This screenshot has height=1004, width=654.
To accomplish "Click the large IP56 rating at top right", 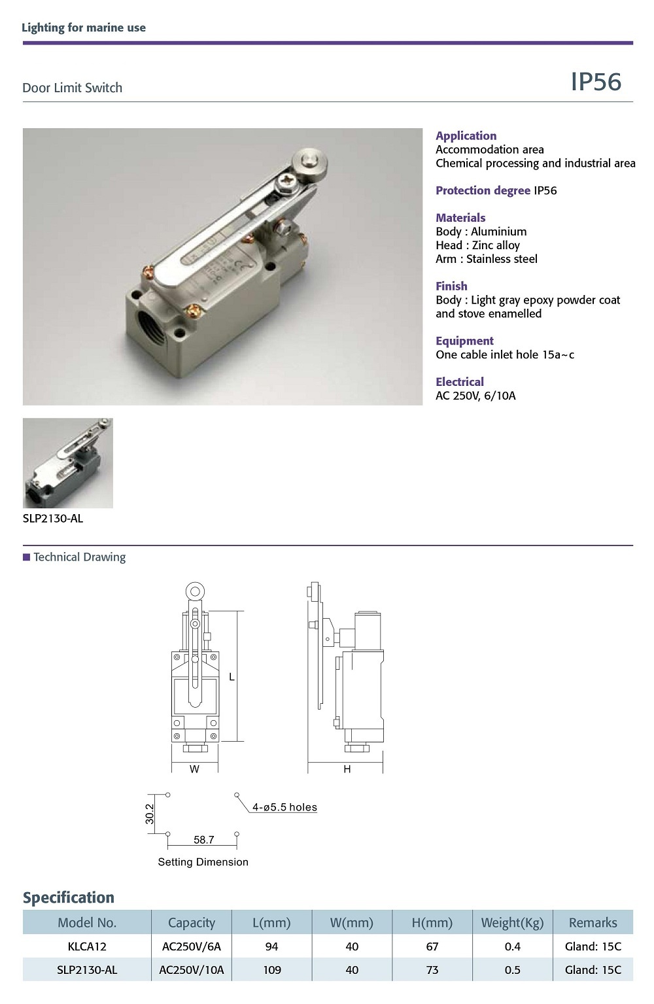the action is click(x=596, y=82).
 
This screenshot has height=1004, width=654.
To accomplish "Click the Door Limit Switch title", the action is click(x=72, y=88).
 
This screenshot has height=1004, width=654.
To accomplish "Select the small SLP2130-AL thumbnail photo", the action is click(x=67, y=463).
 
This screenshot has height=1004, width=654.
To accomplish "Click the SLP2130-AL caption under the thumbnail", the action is click(x=53, y=519).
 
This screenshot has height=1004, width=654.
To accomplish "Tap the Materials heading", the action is click(x=460, y=218).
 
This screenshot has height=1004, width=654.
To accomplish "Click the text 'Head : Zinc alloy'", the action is click(x=477, y=245).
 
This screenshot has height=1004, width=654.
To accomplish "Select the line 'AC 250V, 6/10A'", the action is click(x=475, y=396).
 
